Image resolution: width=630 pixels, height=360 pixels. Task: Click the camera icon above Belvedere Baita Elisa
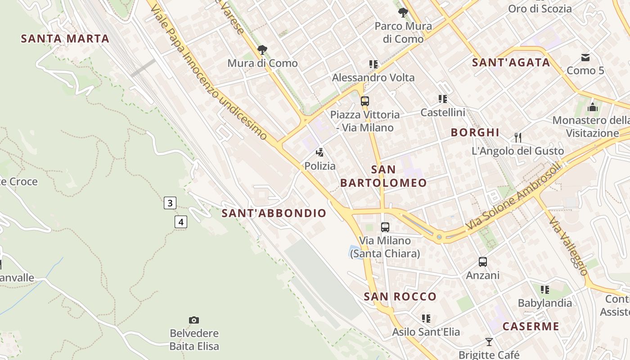[194, 320]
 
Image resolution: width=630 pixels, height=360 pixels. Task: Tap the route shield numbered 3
[170, 203]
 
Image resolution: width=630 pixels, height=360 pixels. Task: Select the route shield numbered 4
[181, 222]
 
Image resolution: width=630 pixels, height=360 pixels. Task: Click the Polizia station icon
[320, 152]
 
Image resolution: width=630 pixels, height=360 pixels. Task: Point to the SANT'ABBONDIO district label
[274, 213]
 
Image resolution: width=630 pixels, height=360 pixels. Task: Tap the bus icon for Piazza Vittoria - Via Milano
[365, 101]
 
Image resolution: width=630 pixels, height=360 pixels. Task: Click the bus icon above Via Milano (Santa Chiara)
[385, 227]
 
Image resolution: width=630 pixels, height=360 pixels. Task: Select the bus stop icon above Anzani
[483, 261]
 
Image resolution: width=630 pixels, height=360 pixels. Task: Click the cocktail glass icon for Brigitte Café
[489, 342]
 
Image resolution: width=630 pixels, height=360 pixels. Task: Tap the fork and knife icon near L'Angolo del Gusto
[518, 137]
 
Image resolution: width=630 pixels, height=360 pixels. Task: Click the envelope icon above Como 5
[585, 57]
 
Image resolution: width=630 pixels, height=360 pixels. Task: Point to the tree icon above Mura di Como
[262, 49]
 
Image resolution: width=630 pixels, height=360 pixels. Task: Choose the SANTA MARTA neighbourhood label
[65, 39]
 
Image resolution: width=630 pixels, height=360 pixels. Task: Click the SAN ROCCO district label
[400, 297]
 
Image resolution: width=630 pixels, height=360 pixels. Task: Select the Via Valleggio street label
[568, 247]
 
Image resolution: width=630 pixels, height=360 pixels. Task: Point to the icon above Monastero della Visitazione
[593, 107]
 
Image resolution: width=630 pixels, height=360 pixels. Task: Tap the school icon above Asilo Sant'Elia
[426, 319]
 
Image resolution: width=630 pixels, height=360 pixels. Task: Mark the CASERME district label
[531, 326]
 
